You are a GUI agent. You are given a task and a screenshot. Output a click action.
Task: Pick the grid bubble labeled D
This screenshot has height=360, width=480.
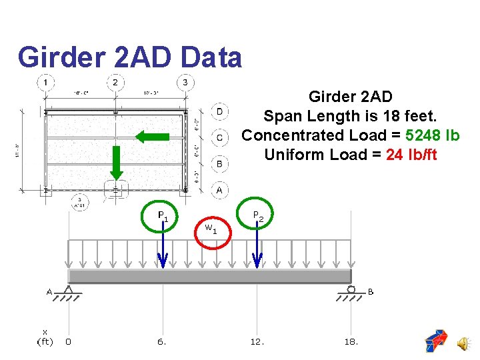pos(219,111)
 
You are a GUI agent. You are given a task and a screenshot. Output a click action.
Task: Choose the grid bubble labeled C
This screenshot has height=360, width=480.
pos(219,137)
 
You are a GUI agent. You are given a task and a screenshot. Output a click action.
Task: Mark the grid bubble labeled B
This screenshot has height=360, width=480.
pos(219,163)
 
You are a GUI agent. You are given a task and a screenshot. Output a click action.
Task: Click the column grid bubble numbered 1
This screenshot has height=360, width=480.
pos(45,83)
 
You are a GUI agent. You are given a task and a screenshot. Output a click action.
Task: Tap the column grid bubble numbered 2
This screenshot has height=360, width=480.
pos(115,83)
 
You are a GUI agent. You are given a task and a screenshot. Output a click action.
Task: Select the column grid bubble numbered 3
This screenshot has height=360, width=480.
pos(185,83)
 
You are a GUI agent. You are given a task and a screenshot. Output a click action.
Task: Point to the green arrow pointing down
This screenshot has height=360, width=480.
pos(116,163)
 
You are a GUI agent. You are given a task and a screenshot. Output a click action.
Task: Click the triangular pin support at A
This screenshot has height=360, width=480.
pos(68,291)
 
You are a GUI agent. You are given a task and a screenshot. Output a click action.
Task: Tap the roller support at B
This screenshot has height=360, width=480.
pos(351,290)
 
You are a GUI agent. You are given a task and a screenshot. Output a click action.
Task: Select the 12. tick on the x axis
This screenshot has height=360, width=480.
pos(257,341)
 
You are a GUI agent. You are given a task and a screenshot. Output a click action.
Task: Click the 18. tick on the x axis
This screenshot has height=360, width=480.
pos(351,341)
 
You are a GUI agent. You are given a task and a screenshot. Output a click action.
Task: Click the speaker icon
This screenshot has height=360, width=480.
pos(462,343)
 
